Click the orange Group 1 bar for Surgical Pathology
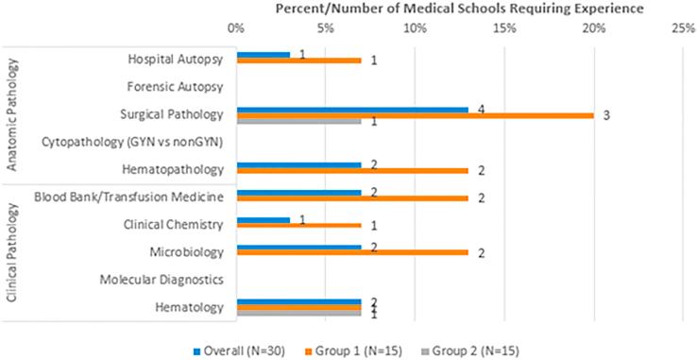415,115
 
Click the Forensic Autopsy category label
175,87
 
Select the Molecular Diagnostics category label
161,280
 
